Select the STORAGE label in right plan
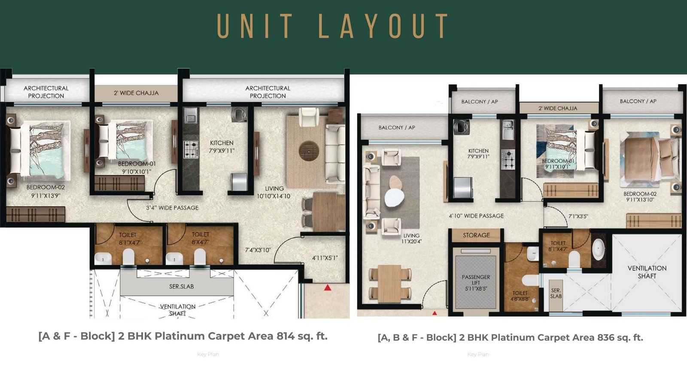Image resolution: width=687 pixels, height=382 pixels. coord(476,235)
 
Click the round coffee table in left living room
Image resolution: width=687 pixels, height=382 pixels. coord(309,151)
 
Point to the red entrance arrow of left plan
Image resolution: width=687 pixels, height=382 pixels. coord(328,287)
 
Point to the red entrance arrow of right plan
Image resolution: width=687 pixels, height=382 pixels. coord(435,313)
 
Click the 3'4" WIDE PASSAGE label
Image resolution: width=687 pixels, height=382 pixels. coord(172,208)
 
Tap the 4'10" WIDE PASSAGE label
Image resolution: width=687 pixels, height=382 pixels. coord(476,216)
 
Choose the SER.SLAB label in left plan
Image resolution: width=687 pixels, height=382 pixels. coord(181,286)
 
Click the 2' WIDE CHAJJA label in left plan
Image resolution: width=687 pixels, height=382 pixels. coord(136,93)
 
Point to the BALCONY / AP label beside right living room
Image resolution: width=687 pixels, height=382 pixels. coord(397,128)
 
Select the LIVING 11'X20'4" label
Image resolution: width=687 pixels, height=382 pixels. coord(411,238)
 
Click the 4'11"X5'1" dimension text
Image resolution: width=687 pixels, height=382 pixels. coord(325,258)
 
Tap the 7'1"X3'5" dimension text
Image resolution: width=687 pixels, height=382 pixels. coord(578,216)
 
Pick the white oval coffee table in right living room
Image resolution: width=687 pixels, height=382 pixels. coord(394,198)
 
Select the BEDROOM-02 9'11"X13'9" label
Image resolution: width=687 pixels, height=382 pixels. coord(46,191)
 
